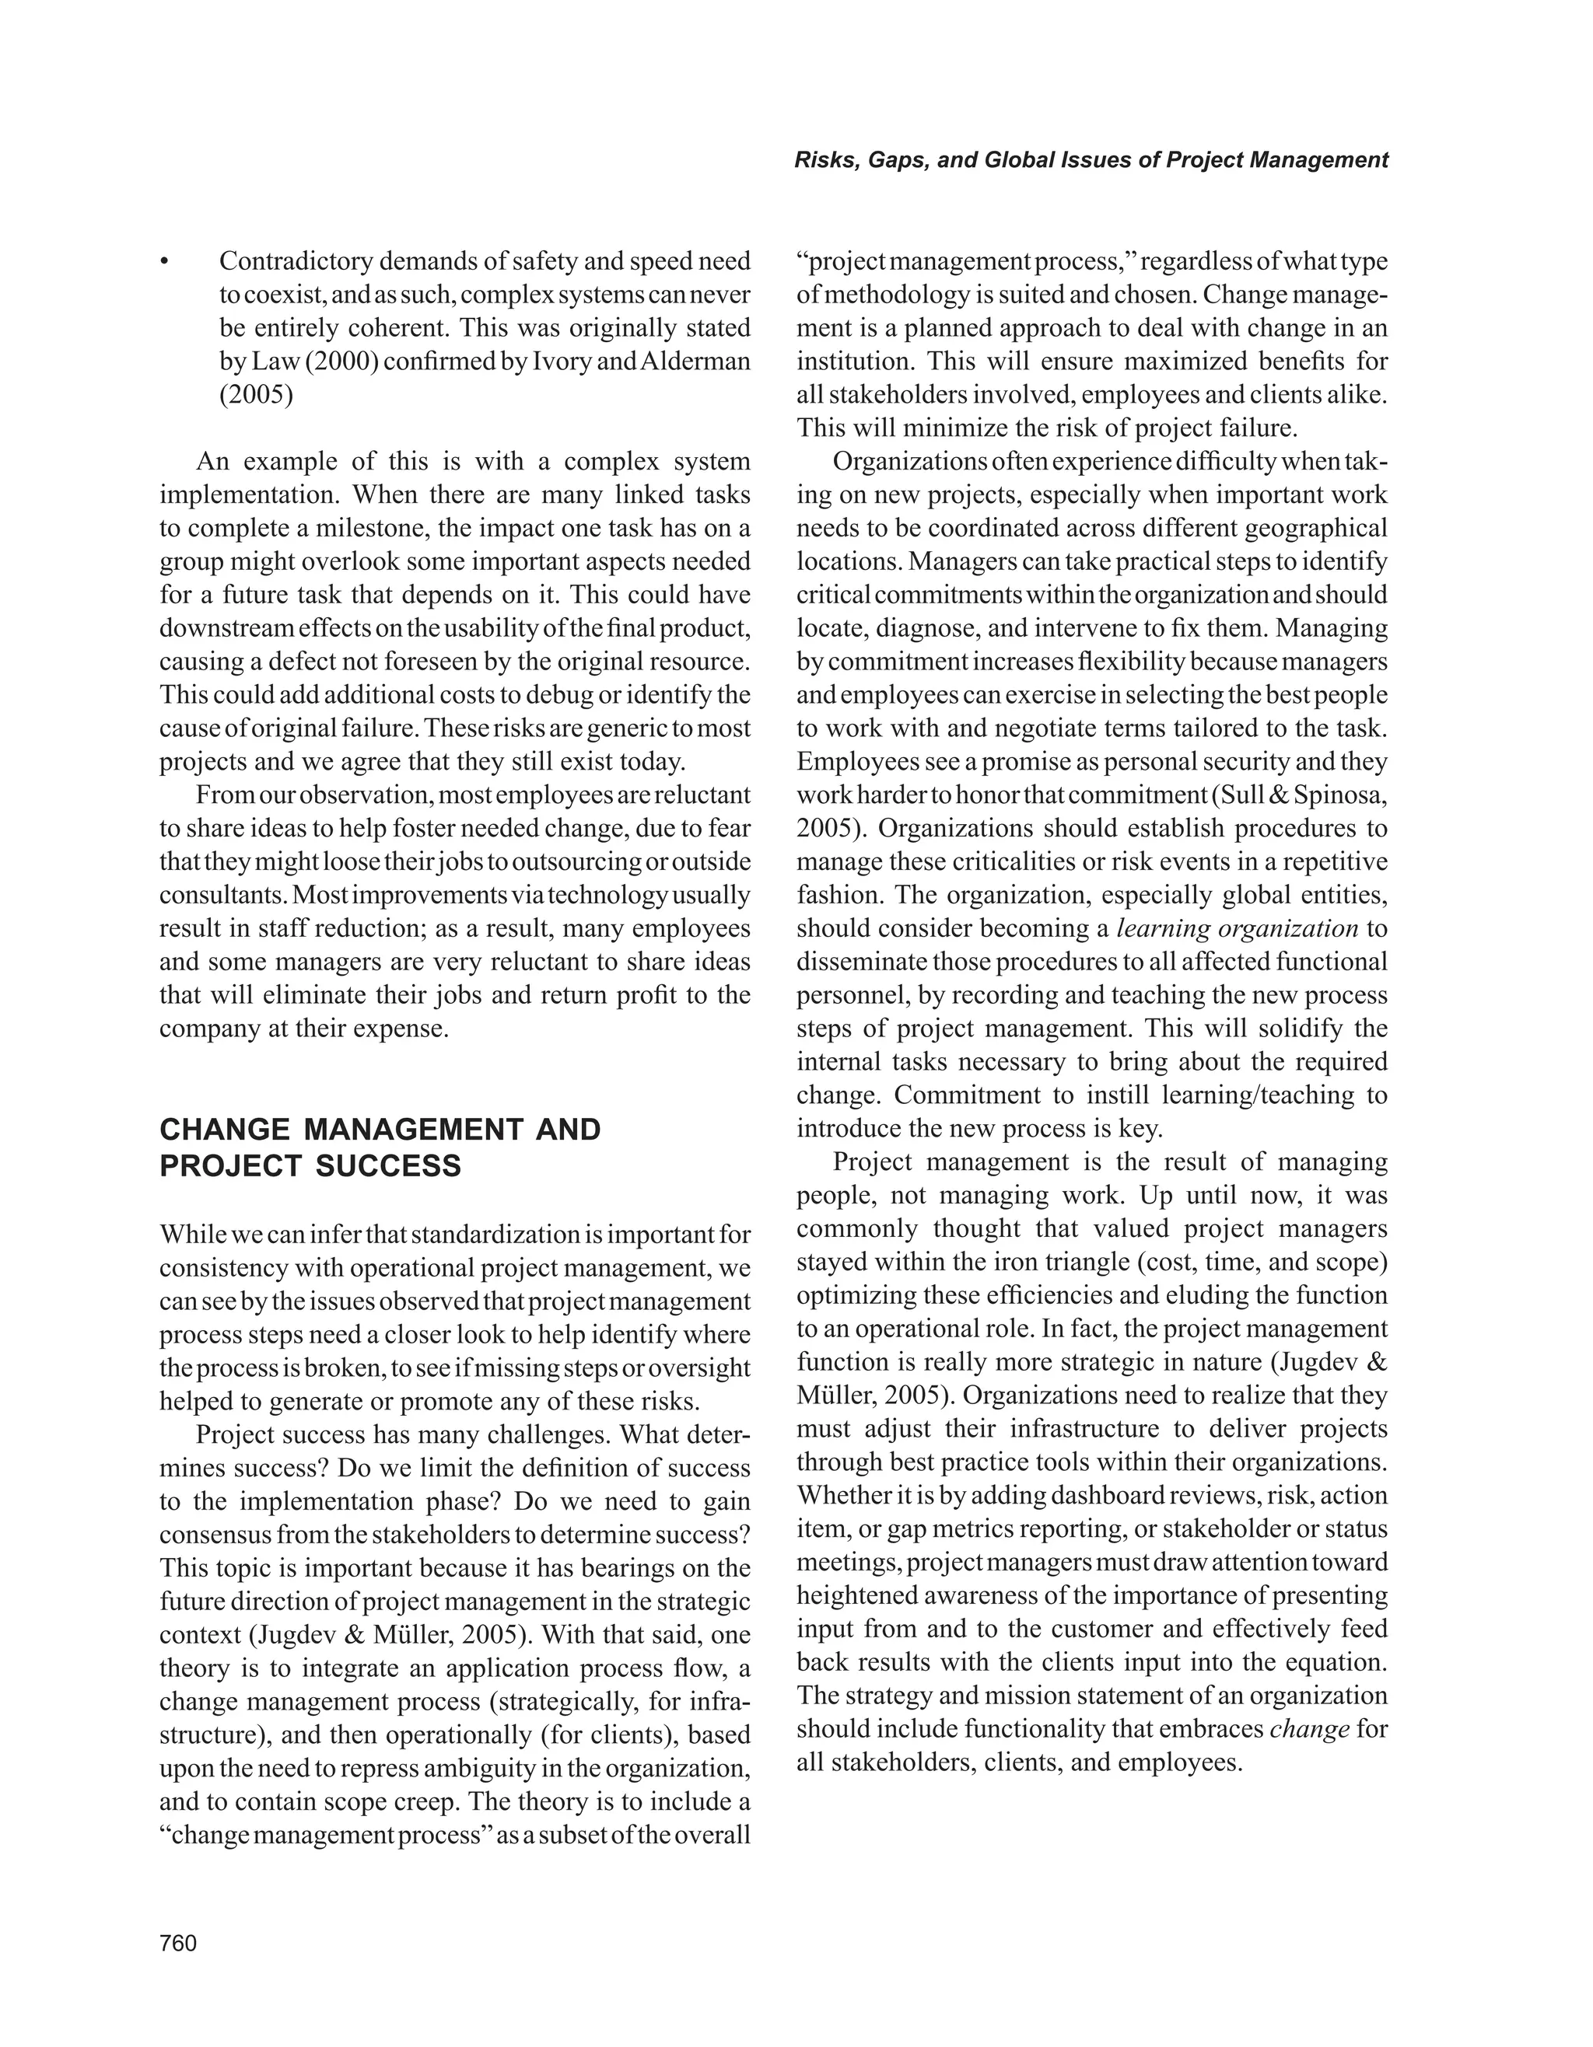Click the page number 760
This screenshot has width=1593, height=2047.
click(178, 1943)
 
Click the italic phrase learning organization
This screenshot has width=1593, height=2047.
click(1237, 928)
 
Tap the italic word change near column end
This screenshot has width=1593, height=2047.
click(1309, 1729)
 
